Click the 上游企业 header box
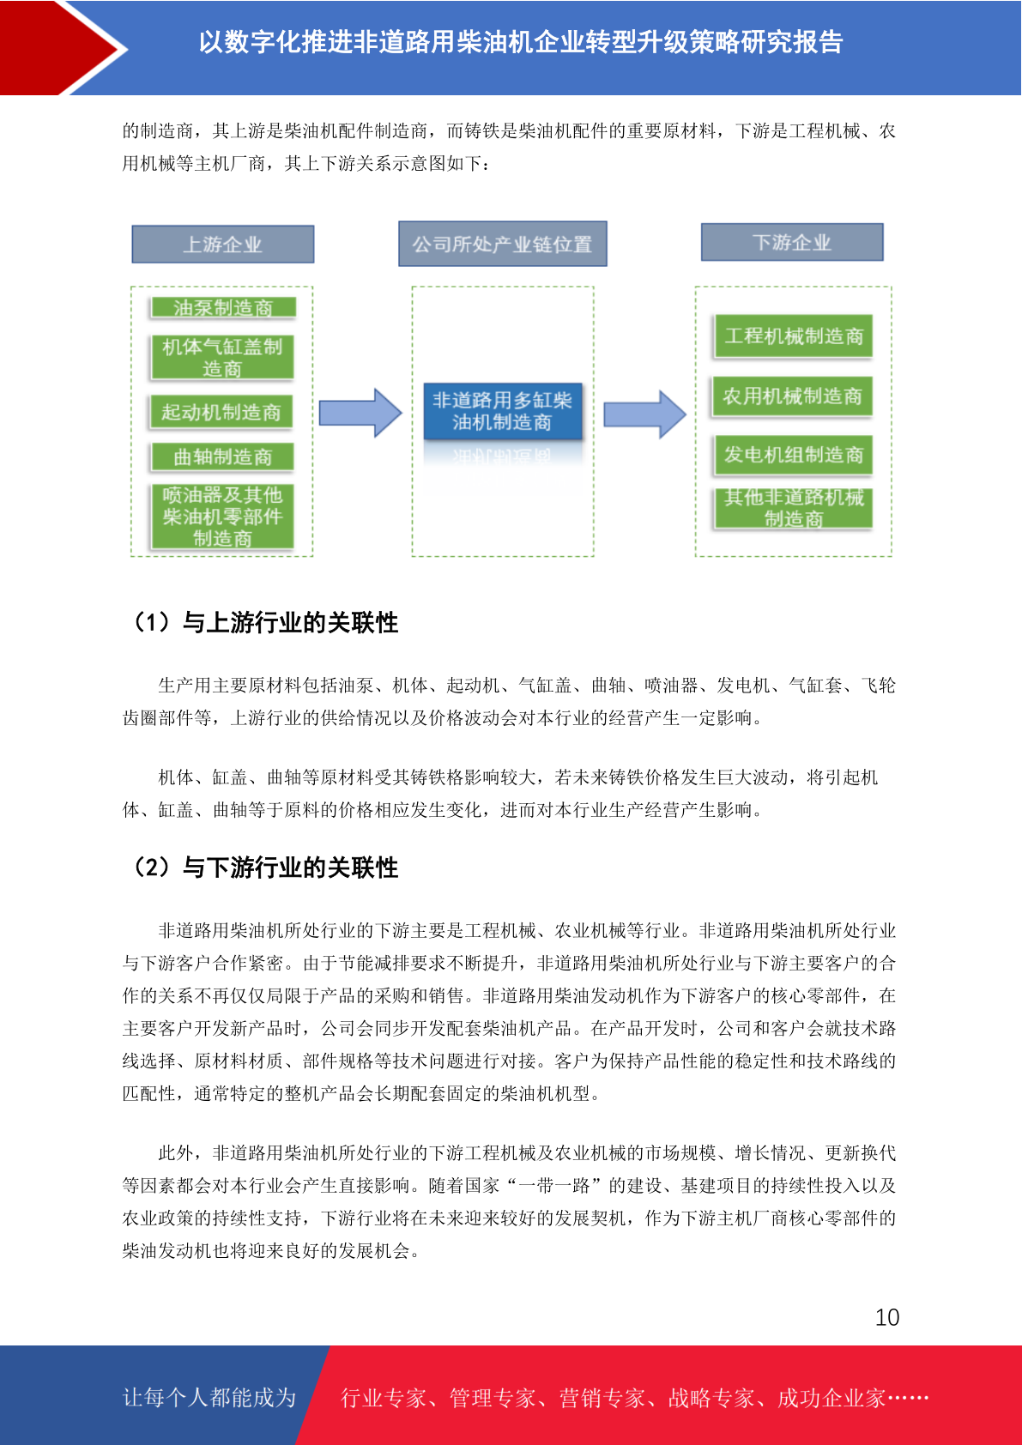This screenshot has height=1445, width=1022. (222, 244)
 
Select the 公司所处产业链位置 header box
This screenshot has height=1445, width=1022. (503, 243)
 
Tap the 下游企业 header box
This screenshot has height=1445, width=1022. (792, 242)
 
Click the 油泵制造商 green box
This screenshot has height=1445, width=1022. (223, 308)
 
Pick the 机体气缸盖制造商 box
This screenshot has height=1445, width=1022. (222, 357)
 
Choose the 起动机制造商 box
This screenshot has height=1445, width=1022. (221, 412)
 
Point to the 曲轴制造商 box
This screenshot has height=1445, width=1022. (222, 456)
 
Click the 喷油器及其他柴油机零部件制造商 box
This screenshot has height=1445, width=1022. (222, 516)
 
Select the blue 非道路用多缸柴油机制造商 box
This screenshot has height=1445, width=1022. (503, 411)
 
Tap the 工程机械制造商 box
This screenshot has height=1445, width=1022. (794, 336)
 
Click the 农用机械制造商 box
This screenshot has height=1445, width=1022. (792, 396)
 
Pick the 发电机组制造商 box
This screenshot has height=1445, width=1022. (794, 455)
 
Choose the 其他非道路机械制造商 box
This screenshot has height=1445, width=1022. (794, 508)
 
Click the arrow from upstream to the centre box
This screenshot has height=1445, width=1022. (360, 413)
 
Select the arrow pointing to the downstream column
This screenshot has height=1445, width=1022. (644, 414)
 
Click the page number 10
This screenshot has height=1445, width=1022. (887, 1317)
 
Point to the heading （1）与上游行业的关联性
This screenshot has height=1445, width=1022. (263, 622)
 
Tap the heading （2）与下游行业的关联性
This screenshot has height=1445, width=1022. (263, 867)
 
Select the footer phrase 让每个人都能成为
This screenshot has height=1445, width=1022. (209, 1397)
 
